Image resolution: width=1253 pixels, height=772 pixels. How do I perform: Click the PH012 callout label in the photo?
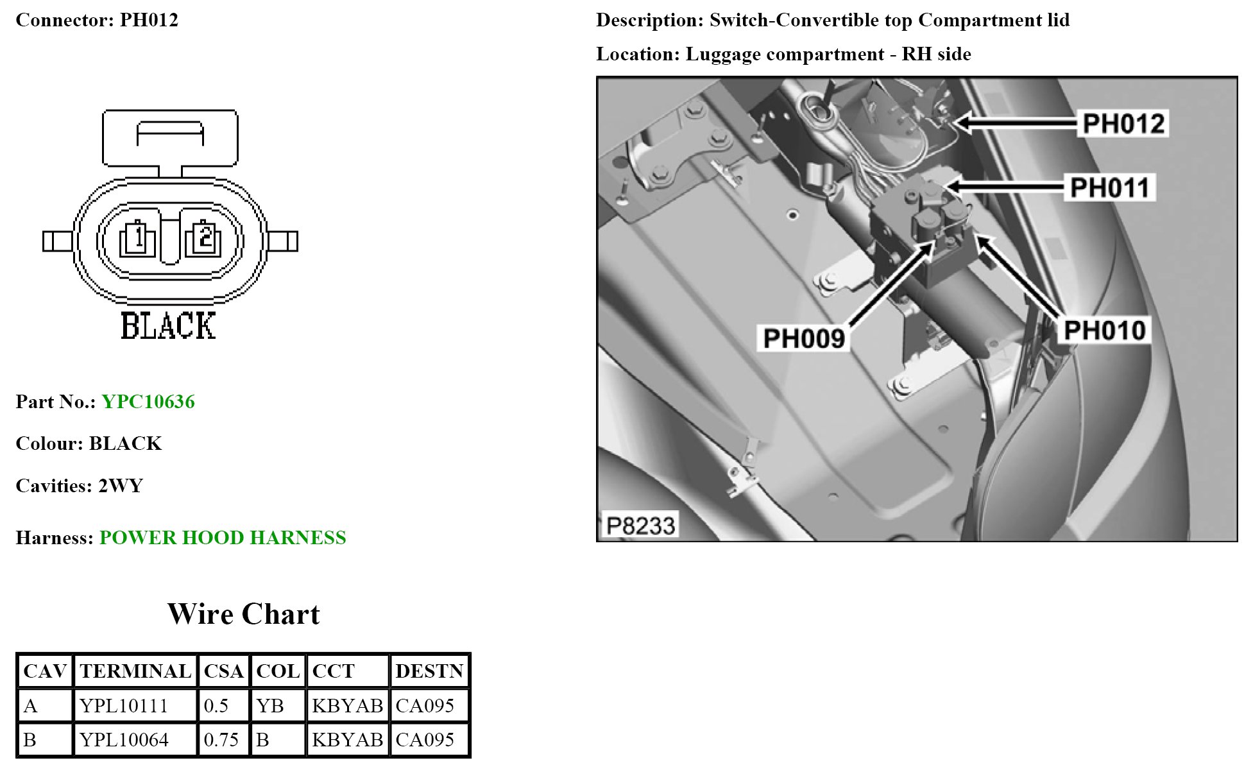pyautogui.click(x=1123, y=124)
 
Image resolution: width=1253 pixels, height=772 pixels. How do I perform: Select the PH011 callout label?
pyautogui.click(x=1110, y=188)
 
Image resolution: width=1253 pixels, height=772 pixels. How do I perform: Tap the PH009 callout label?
pyautogui.click(x=804, y=338)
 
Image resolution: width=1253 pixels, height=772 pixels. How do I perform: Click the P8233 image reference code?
pyautogui.click(x=640, y=526)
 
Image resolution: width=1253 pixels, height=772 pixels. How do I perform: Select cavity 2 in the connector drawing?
pyautogui.click(x=204, y=239)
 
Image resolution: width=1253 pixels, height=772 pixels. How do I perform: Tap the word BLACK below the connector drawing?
pyautogui.click(x=168, y=326)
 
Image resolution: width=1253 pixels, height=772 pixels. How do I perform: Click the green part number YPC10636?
pyautogui.click(x=148, y=402)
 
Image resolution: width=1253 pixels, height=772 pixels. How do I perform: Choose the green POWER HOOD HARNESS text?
pyautogui.click(x=223, y=538)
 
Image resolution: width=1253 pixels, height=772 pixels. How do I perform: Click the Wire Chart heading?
pyautogui.click(x=243, y=614)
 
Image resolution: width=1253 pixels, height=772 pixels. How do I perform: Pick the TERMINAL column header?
pyautogui.click(x=135, y=671)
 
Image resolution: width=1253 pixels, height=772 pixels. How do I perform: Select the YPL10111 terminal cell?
pyautogui.click(x=124, y=706)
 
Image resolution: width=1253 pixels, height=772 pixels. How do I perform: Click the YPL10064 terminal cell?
pyautogui.click(x=124, y=740)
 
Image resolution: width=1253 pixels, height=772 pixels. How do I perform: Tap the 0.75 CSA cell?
pyautogui.click(x=221, y=740)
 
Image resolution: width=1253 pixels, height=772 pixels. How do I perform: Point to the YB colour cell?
pyautogui.click(x=269, y=706)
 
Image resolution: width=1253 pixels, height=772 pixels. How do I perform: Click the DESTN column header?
pyautogui.click(x=429, y=671)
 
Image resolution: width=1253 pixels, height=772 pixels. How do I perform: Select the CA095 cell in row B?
pyautogui.click(x=425, y=740)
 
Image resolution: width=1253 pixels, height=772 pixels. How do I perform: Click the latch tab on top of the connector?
pyautogui.click(x=170, y=137)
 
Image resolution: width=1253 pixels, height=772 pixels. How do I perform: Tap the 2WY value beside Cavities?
pyautogui.click(x=121, y=486)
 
